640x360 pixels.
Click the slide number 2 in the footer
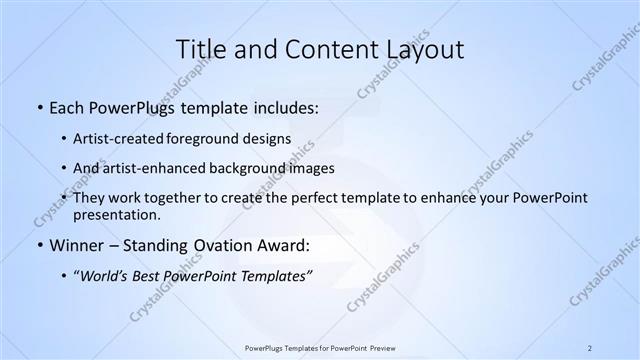coord(590,347)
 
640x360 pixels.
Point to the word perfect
coord(301,197)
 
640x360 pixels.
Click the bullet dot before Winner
coord(39,245)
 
